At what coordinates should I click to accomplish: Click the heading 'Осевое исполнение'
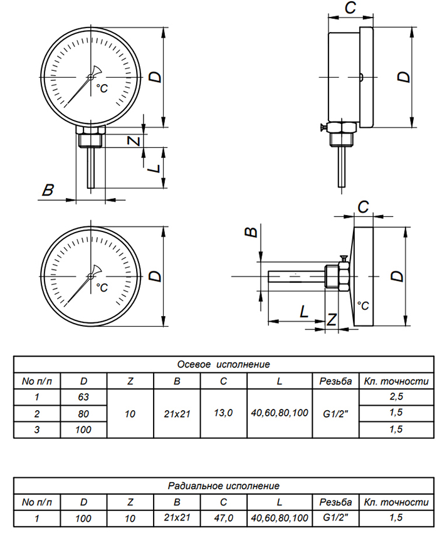click(x=223, y=364)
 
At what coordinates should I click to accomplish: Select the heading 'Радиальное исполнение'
click(x=223, y=486)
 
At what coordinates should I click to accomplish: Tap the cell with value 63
click(x=83, y=397)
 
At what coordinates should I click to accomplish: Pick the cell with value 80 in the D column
click(x=83, y=413)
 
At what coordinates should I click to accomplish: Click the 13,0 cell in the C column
click(x=223, y=413)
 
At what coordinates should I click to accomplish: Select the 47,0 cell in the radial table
click(x=223, y=518)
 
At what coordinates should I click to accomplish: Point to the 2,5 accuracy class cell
click(x=396, y=397)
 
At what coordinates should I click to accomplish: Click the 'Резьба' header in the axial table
click(x=335, y=381)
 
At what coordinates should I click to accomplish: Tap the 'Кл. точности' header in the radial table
click(x=396, y=502)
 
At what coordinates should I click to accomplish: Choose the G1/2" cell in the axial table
click(x=335, y=413)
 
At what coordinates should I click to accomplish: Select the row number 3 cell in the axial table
click(x=37, y=430)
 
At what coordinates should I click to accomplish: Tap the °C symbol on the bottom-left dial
click(x=102, y=287)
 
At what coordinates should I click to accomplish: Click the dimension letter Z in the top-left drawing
click(x=134, y=140)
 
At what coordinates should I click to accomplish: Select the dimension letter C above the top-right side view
click(x=350, y=8)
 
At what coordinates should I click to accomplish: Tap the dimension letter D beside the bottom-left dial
click(x=156, y=276)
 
